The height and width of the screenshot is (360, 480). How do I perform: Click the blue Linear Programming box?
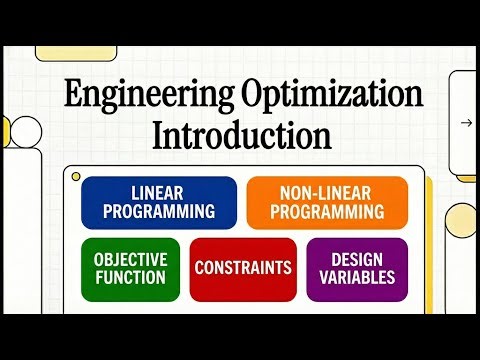[159, 203]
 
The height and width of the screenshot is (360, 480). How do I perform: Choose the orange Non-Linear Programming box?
[327, 203]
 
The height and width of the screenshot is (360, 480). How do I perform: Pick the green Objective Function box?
[130, 268]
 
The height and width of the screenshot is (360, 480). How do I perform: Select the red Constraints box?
[243, 268]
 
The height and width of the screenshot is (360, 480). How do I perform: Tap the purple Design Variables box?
[357, 268]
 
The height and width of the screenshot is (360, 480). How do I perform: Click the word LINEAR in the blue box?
[159, 193]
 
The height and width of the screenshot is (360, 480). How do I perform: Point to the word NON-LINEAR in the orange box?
[327, 193]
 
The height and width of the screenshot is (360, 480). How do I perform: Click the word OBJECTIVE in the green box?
[130, 258]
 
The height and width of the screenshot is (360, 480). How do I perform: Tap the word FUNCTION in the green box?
[130, 277]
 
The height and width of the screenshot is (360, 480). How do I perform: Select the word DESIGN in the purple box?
[357, 258]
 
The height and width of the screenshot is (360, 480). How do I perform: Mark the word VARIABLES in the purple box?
[357, 277]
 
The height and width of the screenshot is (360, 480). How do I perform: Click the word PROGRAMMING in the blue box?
[159, 212]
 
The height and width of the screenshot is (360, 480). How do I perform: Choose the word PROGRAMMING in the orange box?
[327, 212]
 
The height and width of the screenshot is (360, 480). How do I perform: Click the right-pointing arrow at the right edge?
[466, 123]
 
